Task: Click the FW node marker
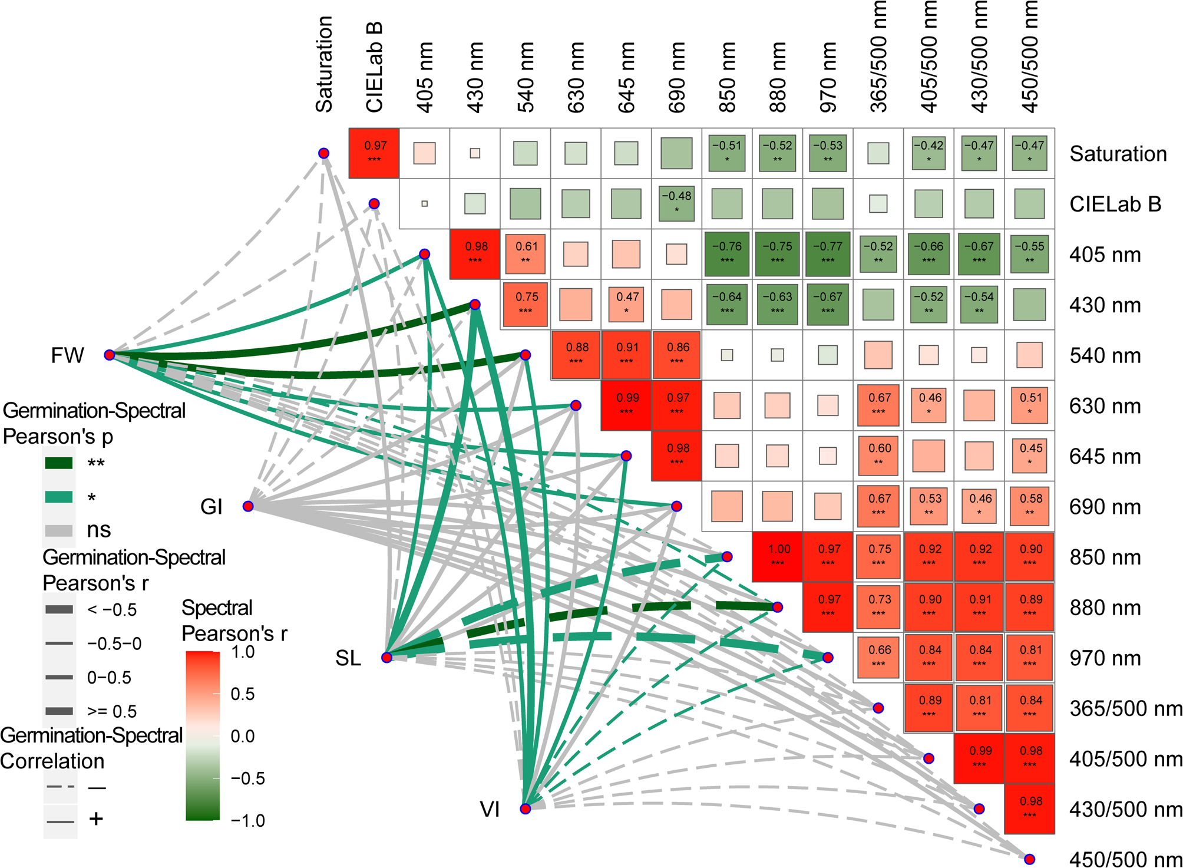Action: click(x=109, y=355)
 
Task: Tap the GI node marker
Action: click(x=248, y=506)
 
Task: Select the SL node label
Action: click(x=348, y=658)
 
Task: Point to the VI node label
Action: click(x=490, y=810)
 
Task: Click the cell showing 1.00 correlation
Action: click(x=777, y=556)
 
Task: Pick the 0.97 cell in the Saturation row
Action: click(x=374, y=153)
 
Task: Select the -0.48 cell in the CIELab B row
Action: click(x=676, y=203)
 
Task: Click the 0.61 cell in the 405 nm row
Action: click(x=526, y=254)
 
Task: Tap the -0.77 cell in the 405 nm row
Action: click(x=828, y=254)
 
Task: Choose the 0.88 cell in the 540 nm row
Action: click(x=576, y=355)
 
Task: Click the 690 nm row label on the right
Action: click(x=1105, y=507)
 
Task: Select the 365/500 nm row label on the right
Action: click(x=1126, y=708)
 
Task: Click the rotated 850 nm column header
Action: click(x=728, y=77)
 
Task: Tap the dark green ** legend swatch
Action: click(x=59, y=463)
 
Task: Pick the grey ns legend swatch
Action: click(x=59, y=530)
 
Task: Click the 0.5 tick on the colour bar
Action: click(x=242, y=694)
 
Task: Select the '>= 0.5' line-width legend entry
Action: click(x=111, y=711)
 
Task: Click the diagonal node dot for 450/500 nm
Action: click(x=1029, y=859)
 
